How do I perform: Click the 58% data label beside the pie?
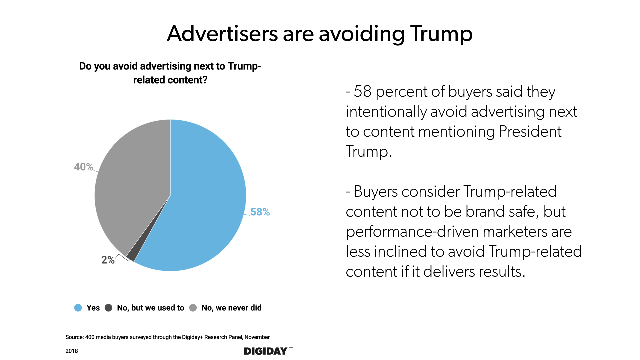pos(260,212)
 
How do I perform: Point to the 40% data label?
pos(83,167)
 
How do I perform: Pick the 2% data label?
pos(108,260)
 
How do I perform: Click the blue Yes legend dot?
pos(78,308)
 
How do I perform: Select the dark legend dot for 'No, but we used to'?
pos(108,308)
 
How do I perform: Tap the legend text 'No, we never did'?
pos(231,308)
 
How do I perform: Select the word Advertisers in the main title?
pos(222,34)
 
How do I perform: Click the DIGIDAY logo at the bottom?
pos(266,351)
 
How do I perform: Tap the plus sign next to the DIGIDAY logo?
pos(291,348)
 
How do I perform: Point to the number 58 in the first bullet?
pos(362,91)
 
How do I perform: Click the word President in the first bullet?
pos(530,131)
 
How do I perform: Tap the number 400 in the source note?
pos(90,337)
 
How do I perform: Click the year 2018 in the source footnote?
pos(72,351)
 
